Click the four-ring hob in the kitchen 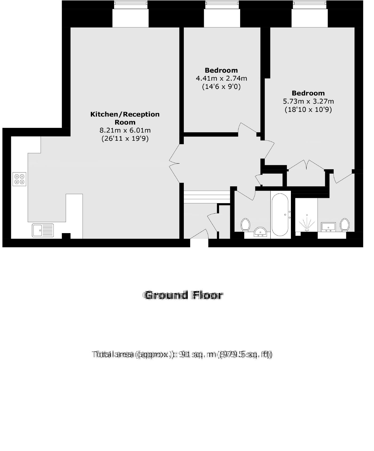20,179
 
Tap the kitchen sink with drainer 43,230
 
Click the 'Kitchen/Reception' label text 125,114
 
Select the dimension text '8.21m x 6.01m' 125,131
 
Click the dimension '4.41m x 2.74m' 221,79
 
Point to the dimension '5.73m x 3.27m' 308,101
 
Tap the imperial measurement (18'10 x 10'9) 308,110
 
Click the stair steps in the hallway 207,197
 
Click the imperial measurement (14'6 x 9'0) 221,87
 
